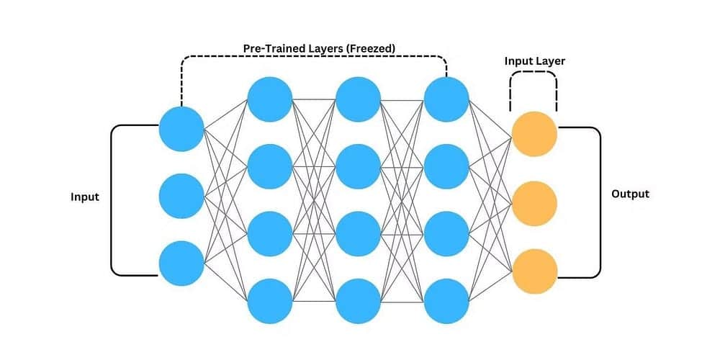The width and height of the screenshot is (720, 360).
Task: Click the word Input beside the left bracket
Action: click(85, 197)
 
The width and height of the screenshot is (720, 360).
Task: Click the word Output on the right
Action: click(630, 194)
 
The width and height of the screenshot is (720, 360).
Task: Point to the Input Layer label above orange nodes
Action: click(534, 61)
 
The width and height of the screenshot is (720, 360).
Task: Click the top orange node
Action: click(534, 133)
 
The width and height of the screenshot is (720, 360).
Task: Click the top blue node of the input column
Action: click(181, 128)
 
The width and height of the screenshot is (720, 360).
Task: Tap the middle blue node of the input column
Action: click(181, 194)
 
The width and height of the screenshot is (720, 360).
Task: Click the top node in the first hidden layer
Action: click(270, 99)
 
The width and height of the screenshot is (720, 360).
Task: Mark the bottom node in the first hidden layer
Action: click(270, 300)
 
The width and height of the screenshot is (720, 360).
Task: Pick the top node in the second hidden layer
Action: click(358, 99)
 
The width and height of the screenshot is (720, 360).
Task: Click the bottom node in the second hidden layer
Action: click(358, 300)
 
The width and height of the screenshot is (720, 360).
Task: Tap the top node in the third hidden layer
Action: click(446, 99)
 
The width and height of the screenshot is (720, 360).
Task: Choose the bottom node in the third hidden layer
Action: click(446, 300)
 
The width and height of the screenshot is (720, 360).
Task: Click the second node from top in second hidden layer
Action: click(358, 166)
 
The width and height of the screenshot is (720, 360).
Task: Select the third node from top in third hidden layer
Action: click(446, 233)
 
